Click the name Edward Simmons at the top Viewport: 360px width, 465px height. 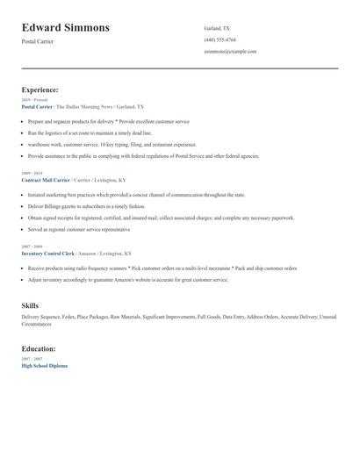tap(66, 27)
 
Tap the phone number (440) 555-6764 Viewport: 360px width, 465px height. tap(220, 39)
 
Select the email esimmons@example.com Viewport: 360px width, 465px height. tap(230, 52)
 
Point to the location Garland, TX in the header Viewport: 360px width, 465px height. tap(217, 28)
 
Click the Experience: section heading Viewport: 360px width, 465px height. tap(40, 89)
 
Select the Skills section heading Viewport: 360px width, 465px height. tap(30, 305)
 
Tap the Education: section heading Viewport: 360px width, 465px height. tap(39, 348)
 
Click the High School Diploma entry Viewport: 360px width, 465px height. tap(44, 365)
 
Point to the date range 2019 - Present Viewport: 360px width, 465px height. tap(34, 100)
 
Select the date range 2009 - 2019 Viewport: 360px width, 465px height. tap(32, 174)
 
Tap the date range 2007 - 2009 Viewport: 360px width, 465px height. tap(32, 247)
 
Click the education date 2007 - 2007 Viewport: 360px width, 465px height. tap(32, 359)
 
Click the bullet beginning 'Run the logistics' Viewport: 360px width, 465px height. tap(90, 133)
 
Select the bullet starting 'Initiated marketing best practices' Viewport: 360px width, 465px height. tap(136, 195)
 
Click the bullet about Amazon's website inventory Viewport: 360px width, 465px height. tap(127, 279)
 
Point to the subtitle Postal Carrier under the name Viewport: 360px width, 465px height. tap(38, 41)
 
